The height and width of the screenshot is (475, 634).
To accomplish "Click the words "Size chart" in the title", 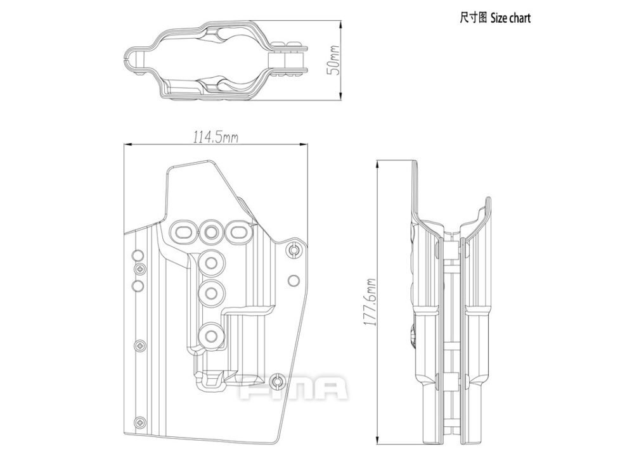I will pos(510,18).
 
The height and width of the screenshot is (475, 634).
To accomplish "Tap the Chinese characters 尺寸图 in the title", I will pos(473,18).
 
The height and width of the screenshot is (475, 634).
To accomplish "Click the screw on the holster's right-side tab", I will pos(293,251).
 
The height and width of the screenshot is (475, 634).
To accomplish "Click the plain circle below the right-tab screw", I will pos(293,280).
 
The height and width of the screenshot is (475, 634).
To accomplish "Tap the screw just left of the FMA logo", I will pos(276,382).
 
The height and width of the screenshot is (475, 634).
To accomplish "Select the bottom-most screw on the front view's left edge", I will pos(139,421).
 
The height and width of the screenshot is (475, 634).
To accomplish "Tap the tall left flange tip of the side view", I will pos(416,165).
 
